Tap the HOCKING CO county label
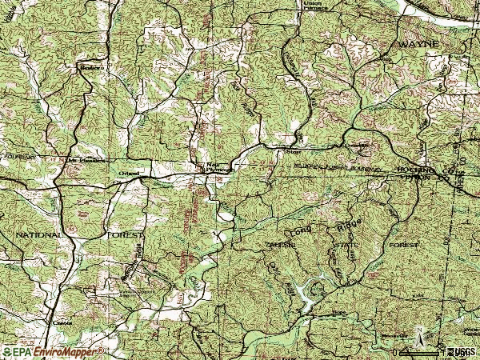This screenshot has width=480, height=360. pos(419,170)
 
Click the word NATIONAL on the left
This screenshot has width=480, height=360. pos(37,235)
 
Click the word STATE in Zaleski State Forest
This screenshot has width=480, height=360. pos(342,245)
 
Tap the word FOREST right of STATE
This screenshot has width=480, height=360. pos(404,243)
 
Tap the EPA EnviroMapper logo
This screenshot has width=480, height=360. pos(53,351)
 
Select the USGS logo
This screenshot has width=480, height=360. pos(459,351)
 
